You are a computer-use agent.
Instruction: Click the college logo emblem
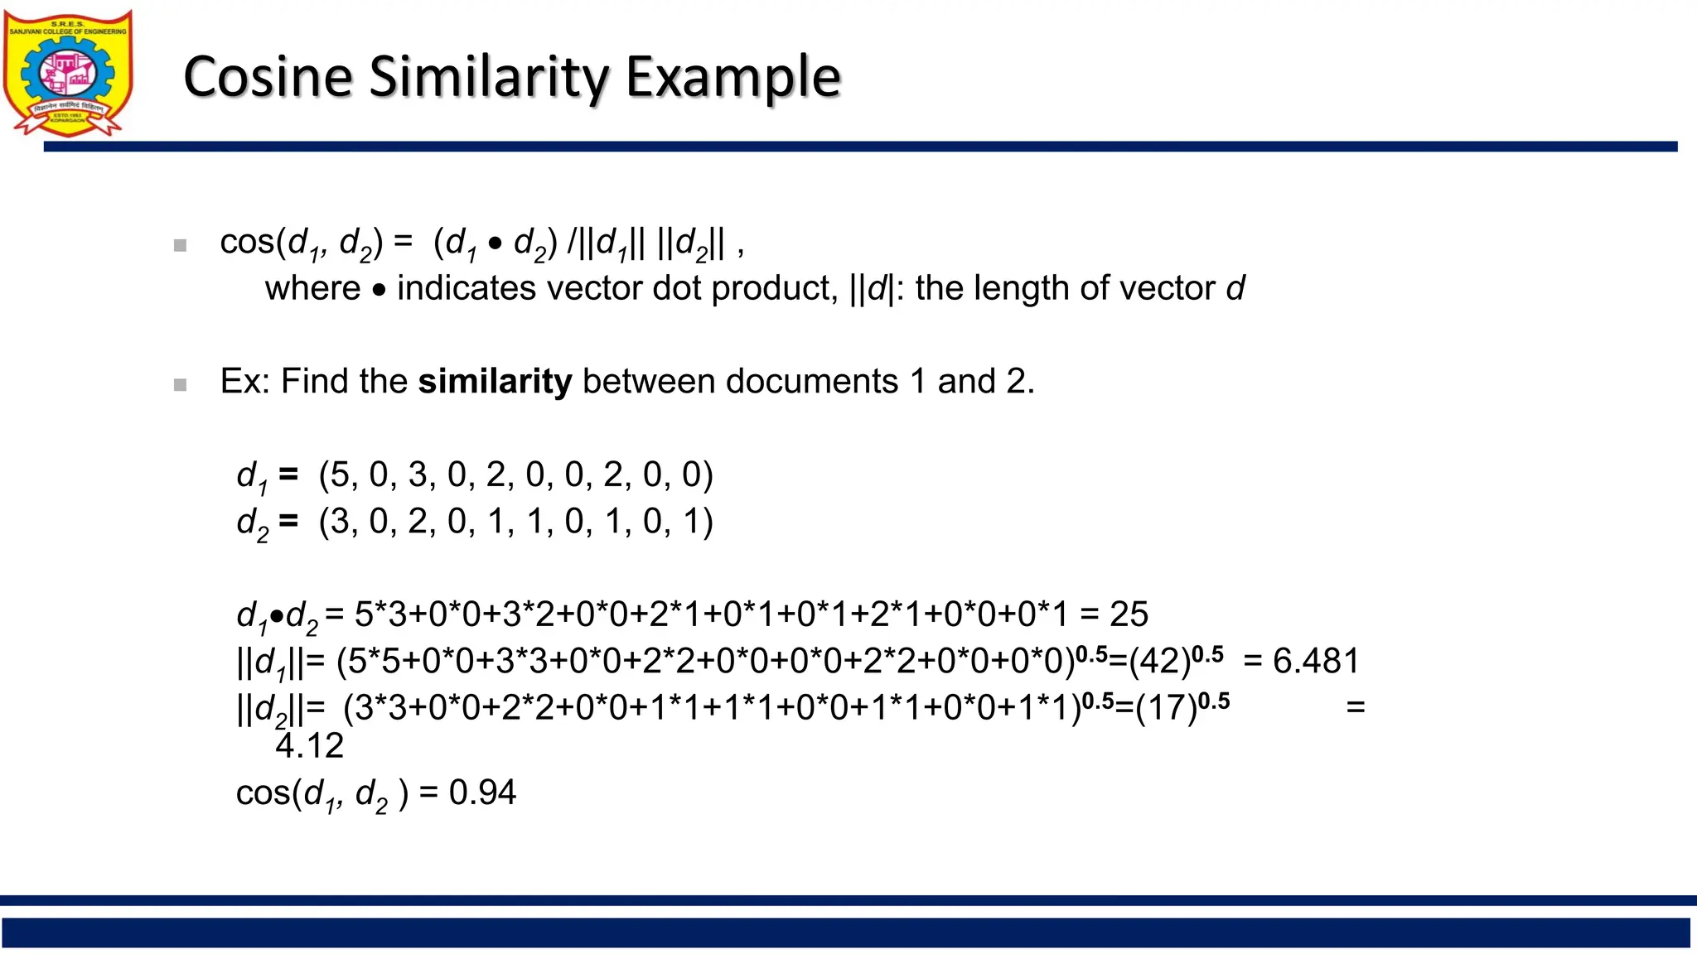tap(68, 73)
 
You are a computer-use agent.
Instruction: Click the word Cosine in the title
tap(268, 76)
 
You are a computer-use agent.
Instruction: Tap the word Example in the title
tap(732, 76)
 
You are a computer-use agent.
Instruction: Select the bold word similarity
tap(495, 382)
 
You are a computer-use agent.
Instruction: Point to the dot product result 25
tap(1129, 614)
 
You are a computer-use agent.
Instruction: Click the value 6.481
tap(1316, 662)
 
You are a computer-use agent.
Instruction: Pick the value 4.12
tap(309, 746)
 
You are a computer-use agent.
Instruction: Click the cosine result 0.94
tap(482, 793)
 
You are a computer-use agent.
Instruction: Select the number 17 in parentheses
tap(1166, 709)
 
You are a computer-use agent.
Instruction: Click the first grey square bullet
tap(180, 245)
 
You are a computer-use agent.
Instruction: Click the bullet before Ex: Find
tap(180, 384)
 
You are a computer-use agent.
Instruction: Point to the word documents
tap(812, 382)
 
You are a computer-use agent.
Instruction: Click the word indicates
tap(467, 288)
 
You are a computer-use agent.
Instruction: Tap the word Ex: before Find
tap(245, 382)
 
